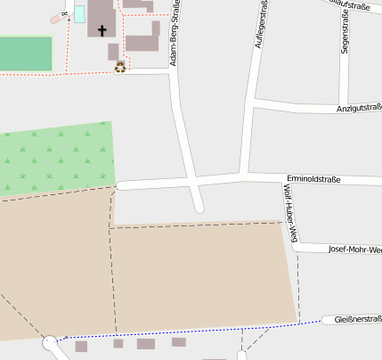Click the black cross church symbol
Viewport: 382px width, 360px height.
point(102,30)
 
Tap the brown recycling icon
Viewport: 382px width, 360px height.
point(120,66)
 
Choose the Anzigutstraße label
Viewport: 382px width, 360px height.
point(358,108)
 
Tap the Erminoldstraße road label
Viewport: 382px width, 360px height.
point(313,179)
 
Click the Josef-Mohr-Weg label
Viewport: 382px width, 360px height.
point(354,250)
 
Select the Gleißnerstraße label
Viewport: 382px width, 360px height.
point(358,318)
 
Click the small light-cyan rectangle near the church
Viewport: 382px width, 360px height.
point(79,14)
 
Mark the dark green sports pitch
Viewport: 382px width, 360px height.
point(25,53)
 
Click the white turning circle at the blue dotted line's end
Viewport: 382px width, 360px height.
point(50,340)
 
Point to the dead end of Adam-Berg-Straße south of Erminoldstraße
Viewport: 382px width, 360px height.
point(199,209)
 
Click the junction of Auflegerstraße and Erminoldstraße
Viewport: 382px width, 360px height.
point(243,175)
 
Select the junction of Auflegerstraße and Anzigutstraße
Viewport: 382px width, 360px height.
point(254,103)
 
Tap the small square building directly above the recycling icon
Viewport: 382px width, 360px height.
point(114,52)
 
